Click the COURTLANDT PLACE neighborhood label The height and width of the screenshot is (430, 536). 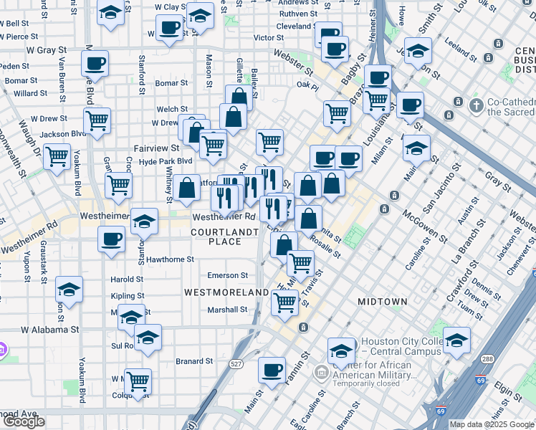(x=224, y=236)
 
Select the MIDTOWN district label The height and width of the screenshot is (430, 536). (x=382, y=302)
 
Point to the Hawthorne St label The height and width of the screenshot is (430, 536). (x=171, y=259)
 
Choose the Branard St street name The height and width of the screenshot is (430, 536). (x=194, y=362)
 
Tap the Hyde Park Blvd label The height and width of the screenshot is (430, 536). (x=166, y=161)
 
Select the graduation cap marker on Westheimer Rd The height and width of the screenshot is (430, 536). (x=144, y=221)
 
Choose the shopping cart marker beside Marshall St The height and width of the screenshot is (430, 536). (x=284, y=303)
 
